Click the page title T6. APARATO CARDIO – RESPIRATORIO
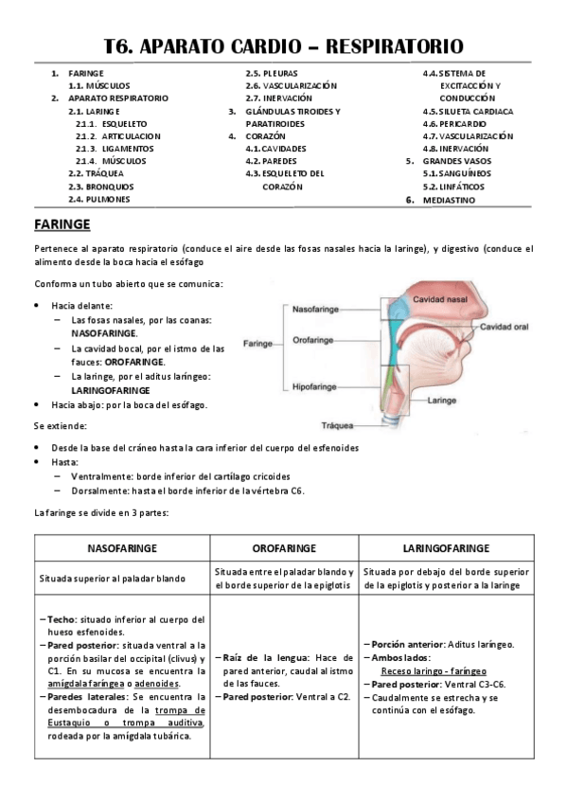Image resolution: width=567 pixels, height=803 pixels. [283, 45]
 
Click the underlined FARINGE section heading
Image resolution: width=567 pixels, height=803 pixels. [62, 224]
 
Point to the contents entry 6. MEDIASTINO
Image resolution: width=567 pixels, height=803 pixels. [452, 200]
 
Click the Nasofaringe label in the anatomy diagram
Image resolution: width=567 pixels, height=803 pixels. [317, 309]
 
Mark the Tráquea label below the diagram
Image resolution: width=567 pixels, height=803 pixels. [337, 423]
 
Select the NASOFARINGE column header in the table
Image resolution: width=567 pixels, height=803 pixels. [122, 548]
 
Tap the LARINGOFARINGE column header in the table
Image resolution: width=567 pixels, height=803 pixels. [446, 548]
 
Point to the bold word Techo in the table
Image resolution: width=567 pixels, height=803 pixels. [62, 618]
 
